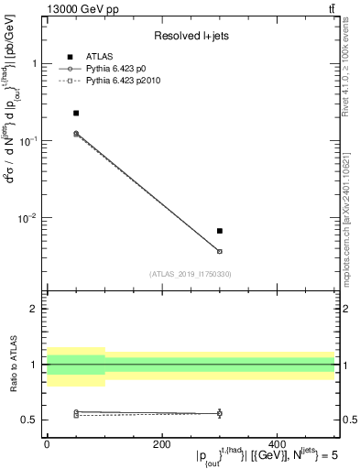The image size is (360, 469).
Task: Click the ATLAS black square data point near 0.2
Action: (x=76, y=113)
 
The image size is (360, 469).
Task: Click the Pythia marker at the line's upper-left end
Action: (x=76, y=134)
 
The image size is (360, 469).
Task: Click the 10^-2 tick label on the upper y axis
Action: (x=25, y=217)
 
